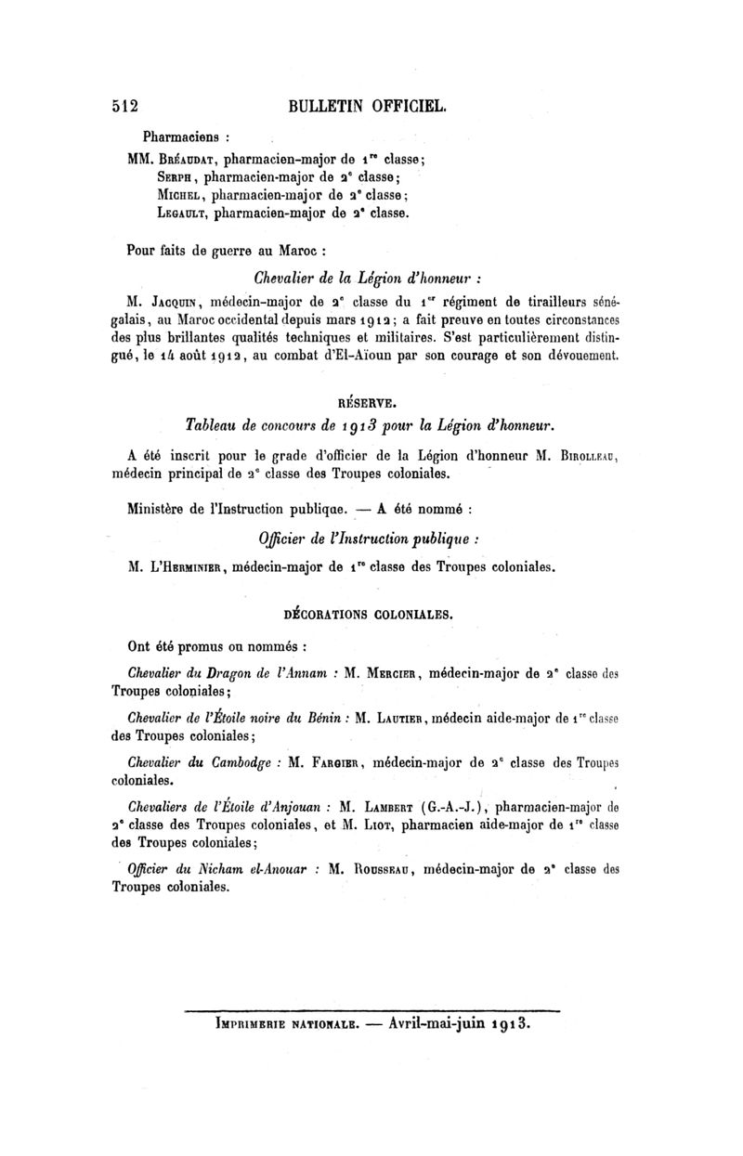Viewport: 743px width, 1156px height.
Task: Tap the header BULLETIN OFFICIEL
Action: pos(369,106)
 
